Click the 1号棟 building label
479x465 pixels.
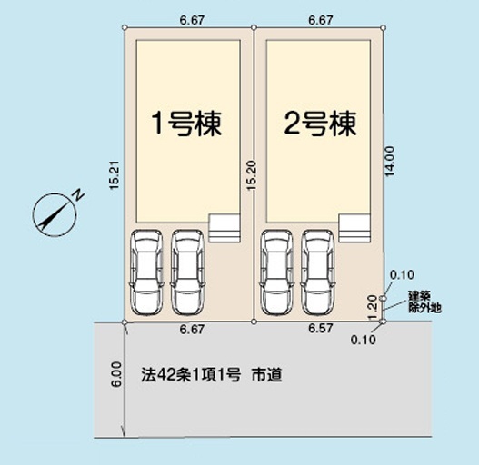(186, 123)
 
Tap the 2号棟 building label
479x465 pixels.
(321, 123)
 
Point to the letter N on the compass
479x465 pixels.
(79, 195)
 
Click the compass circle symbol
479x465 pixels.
(55, 214)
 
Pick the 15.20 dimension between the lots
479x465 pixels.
(253, 175)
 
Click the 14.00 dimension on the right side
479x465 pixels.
(390, 162)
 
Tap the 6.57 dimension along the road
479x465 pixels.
(320, 329)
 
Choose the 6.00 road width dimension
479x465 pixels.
(116, 374)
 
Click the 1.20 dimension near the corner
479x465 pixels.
(373, 307)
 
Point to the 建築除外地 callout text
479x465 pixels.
(425, 302)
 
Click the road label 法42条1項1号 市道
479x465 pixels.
(212, 375)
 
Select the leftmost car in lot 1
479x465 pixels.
(146, 272)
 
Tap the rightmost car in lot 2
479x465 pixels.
(318, 272)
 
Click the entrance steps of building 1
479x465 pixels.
(225, 228)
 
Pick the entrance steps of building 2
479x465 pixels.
(354, 228)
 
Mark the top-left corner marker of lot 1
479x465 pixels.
(125, 27)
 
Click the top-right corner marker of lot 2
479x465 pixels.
(384, 28)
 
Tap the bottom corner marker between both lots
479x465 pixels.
(254, 322)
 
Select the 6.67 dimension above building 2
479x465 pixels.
(321, 20)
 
